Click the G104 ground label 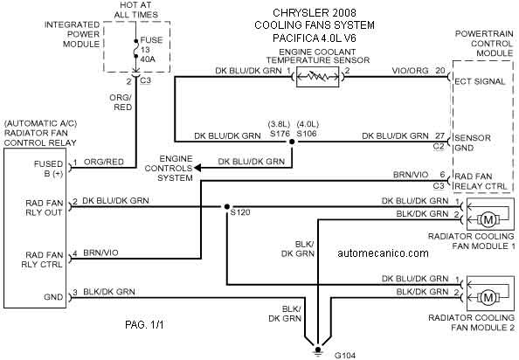(345, 356)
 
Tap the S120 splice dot (226, 207)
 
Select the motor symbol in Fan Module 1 (488, 219)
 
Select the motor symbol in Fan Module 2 (488, 297)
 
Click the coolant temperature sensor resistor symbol (318, 77)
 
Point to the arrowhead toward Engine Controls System (197, 168)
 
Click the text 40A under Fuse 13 (148, 59)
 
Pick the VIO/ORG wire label (410, 71)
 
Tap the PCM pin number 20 (440, 71)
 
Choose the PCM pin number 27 (439, 136)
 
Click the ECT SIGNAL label (480, 81)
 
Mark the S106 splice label (307, 134)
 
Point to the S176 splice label (280, 134)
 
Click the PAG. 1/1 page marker (144, 324)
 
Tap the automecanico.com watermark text (383, 253)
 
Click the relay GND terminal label (53, 297)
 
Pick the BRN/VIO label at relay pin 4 (100, 253)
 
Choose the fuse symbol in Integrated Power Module (135, 49)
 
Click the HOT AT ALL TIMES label (135, 10)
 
